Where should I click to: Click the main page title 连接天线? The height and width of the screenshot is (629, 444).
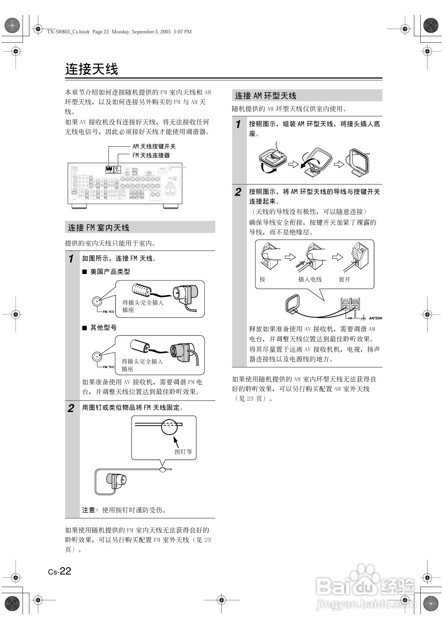point(92,69)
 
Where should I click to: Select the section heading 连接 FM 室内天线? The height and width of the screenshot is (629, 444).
point(99,228)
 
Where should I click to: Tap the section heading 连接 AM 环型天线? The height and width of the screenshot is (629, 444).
point(266,96)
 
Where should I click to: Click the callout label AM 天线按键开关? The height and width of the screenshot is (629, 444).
point(154,146)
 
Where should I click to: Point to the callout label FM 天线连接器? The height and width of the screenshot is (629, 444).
point(151,155)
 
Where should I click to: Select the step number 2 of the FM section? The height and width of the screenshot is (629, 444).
point(71,408)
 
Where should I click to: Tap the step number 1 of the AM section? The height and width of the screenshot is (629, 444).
point(238,124)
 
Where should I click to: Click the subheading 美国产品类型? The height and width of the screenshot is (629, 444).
point(110,271)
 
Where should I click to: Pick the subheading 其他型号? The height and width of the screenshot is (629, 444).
point(103,327)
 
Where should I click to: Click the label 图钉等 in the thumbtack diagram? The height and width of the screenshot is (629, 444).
point(183,452)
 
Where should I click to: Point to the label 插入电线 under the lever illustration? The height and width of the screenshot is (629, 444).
point(310,279)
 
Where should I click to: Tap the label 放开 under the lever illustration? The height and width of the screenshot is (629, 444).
point(344,279)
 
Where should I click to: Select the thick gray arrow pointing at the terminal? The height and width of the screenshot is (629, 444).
point(300,265)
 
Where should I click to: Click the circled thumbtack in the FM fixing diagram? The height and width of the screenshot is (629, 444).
point(169,426)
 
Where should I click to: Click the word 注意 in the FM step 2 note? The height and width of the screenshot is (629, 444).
point(89,510)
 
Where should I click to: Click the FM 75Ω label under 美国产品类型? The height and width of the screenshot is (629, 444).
point(108,311)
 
